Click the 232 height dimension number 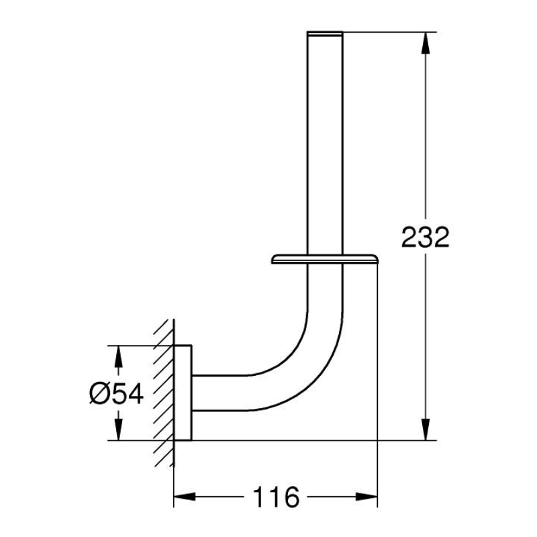425,237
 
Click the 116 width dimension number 276,497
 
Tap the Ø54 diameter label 116,394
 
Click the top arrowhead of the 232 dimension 426,43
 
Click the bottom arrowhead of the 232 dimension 426,430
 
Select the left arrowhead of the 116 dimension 185,497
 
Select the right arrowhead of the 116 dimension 367,497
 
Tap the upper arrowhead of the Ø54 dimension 118,356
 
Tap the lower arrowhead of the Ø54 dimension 118,430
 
